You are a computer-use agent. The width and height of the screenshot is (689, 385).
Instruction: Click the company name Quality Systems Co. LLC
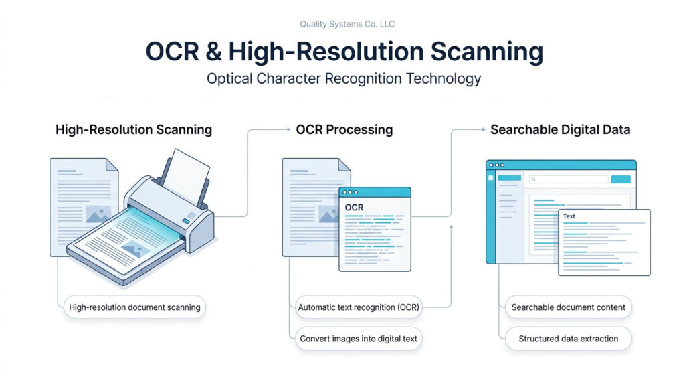pos(347,25)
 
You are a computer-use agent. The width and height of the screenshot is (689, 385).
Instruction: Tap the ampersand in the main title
pos(211,52)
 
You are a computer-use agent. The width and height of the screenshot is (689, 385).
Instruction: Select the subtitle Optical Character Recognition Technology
pos(344,78)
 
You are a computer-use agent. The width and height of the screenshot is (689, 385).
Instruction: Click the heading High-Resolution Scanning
pos(134,129)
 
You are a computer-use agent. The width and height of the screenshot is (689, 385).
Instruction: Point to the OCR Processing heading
pos(344,129)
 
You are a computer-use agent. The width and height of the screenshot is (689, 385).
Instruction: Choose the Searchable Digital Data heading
pos(560,129)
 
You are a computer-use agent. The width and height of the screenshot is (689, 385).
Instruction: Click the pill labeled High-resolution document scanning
pos(134,307)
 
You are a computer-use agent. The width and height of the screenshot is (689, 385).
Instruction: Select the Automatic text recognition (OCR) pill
pos(359,307)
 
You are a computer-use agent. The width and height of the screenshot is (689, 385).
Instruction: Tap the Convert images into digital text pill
pos(359,339)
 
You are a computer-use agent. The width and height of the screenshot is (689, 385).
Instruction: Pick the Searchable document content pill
pos(569,307)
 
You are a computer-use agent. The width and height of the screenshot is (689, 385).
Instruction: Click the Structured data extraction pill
pos(569,339)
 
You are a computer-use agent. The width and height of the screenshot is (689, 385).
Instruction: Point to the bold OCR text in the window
pos(354,208)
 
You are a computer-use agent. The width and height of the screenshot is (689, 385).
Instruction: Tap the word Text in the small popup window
pos(569,216)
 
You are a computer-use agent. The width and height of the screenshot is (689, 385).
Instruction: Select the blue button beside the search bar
pos(621,179)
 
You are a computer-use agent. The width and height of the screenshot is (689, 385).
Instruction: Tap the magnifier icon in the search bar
pos(534,179)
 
